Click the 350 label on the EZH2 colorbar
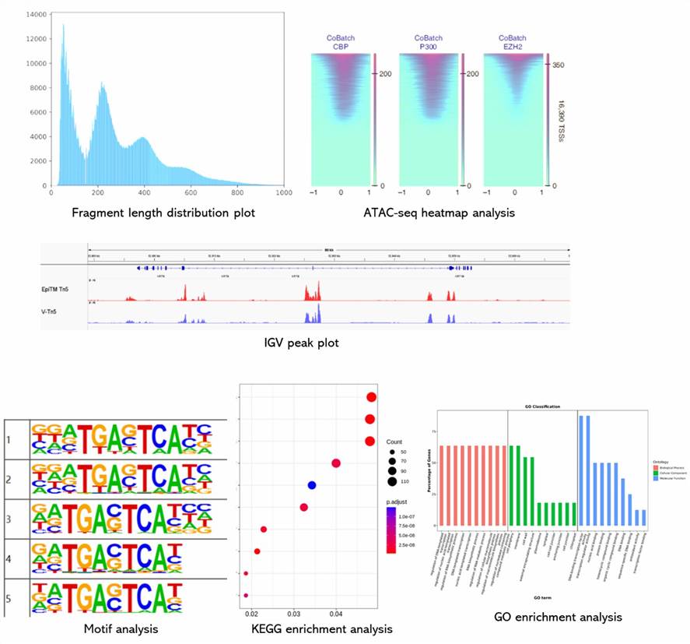559,66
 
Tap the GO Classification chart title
541,406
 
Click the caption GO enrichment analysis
559,618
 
